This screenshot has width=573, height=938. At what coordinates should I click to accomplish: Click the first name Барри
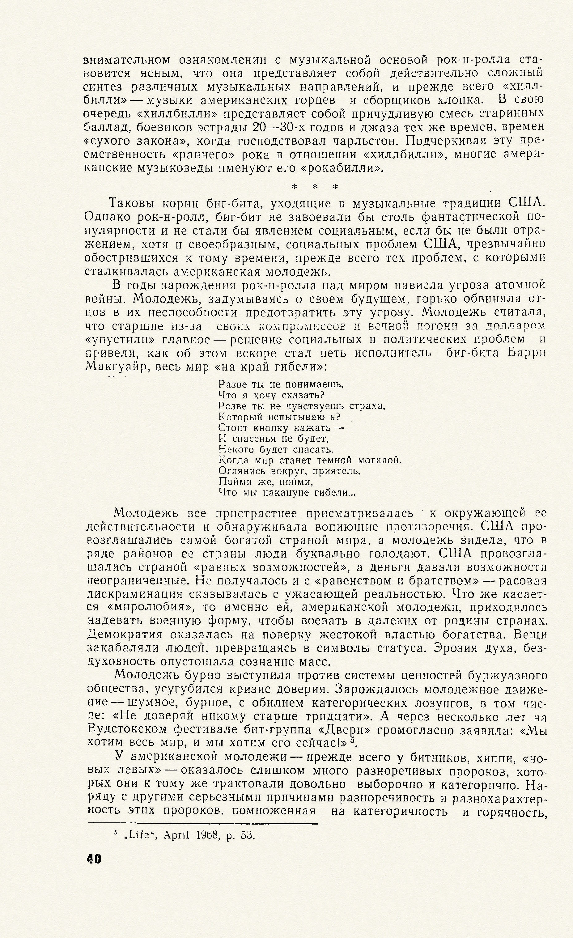pos(527,353)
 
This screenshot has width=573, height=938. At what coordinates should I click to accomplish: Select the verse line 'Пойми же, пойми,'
pos(266,482)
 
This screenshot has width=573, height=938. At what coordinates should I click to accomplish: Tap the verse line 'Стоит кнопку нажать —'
pos(281,428)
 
